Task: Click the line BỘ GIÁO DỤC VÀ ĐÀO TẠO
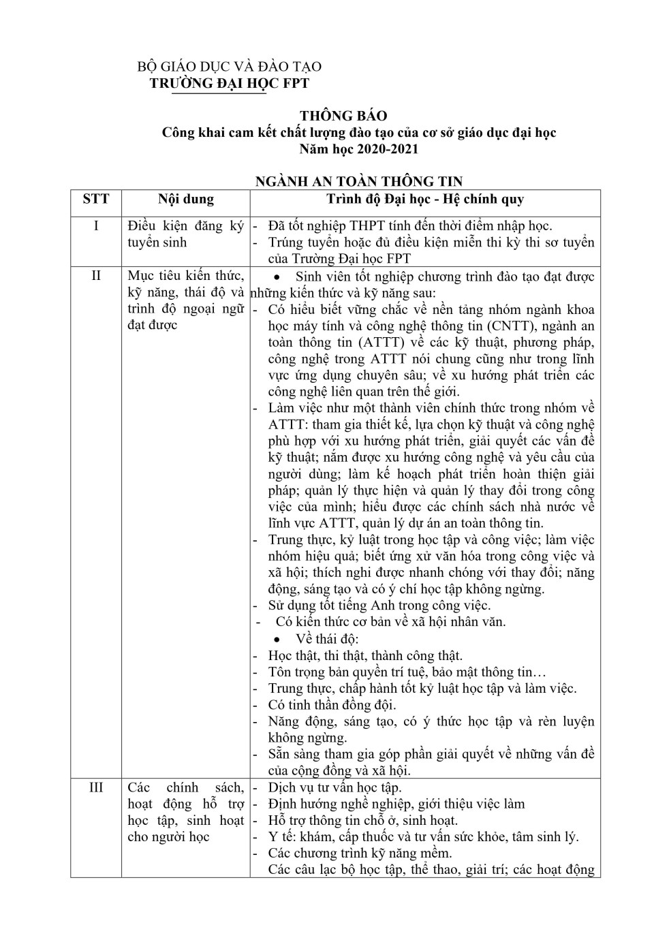click(x=230, y=67)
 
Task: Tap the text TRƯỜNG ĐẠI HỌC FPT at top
click(x=230, y=83)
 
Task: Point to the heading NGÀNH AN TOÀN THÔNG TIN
click(x=358, y=181)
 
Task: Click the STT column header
click(x=96, y=199)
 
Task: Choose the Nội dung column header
click(x=186, y=199)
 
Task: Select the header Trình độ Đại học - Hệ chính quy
click(x=425, y=199)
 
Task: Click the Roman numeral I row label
click(x=96, y=226)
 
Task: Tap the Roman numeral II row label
click(x=96, y=276)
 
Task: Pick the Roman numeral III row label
click(x=96, y=787)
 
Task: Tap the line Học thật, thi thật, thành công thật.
click(x=365, y=655)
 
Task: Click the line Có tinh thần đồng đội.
click(x=332, y=705)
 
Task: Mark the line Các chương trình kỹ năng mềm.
click(x=360, y=853)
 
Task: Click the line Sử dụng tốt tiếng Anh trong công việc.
click(x=379, y=605)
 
